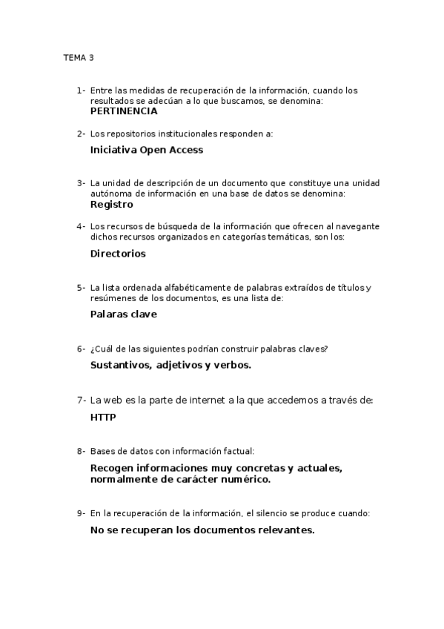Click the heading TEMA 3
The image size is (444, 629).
(79, 57)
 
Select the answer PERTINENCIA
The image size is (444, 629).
(124, 111)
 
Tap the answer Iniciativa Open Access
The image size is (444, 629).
(146, 149)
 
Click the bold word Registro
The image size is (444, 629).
(111, 204)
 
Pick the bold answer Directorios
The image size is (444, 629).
(118, 253)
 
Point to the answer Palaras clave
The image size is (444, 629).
(123, 314)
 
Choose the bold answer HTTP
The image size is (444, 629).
(103, 417)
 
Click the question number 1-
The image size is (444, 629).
(81, 90)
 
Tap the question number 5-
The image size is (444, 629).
(81, 287)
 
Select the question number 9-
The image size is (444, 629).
(81, 513)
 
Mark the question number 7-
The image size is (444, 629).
(82, 400)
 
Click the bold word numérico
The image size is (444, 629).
(243, 479)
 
